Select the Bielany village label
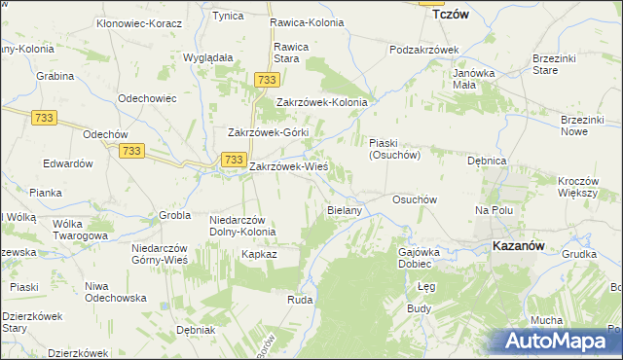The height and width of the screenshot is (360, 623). coord(345,209)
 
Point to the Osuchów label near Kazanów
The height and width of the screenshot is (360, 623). coord(412,198)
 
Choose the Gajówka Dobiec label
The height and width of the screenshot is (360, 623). coord(421,258)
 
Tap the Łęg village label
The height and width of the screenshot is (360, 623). coord(425,287)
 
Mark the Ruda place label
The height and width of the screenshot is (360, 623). coord(299,301)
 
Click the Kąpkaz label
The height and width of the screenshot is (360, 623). coord(260,254)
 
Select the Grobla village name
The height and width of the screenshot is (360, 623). coord(175,215)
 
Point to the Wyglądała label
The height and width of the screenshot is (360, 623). coord(207,57)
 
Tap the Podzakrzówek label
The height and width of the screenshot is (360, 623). coord(422,49)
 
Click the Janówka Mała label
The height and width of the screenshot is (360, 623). coord(475,78)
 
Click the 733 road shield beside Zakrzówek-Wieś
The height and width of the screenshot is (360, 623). coord(233,159)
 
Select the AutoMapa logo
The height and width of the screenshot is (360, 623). coord(558,341)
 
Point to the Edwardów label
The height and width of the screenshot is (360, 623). coord(67,163)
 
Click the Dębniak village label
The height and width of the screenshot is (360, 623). coord(196,330)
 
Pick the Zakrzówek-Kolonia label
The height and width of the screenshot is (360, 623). coord(321,101)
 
